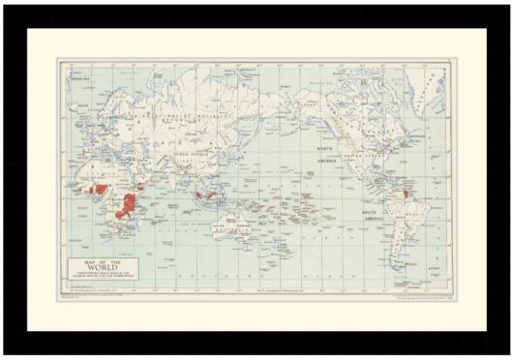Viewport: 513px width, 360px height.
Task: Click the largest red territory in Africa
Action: tap(125, 204)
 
